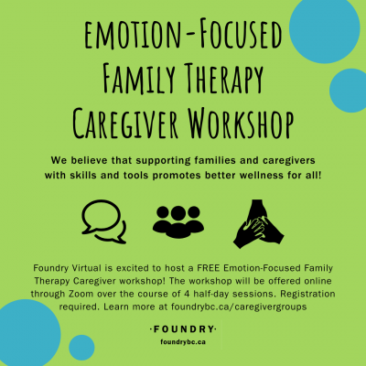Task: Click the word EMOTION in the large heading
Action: [132, 36]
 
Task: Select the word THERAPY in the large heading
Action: [223, 80]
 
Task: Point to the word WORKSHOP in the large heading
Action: [241, 123]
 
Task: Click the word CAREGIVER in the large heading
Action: [125, 124]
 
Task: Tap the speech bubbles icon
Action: [104, 221]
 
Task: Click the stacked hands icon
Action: [259, 224]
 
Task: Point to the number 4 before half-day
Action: [187, 294]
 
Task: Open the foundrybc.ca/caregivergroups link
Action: [239, 307]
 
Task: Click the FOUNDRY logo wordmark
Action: [183, 329]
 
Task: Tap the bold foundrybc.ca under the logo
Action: [183, 342]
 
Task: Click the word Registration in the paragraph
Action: [307, 295]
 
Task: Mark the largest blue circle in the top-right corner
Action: [325, 28]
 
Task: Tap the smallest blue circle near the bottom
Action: [81, 348]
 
